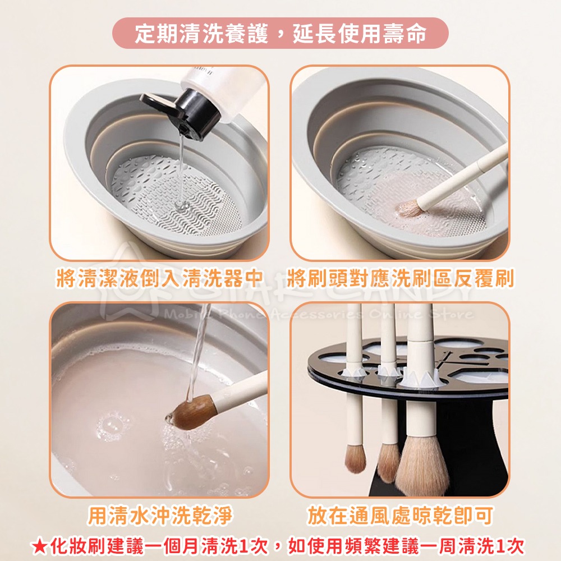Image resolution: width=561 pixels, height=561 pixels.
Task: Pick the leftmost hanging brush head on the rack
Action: coord(355,457)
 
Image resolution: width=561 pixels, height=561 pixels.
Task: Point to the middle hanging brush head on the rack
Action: coord(388,460)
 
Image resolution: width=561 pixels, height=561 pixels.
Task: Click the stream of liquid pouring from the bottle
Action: coord(181,168)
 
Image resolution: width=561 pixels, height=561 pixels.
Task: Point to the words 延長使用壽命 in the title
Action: coord(359,33)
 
